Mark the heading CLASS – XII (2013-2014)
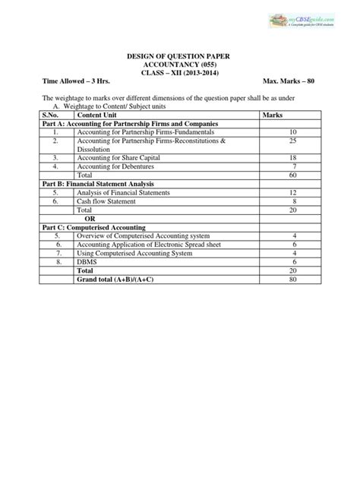point(179,72)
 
